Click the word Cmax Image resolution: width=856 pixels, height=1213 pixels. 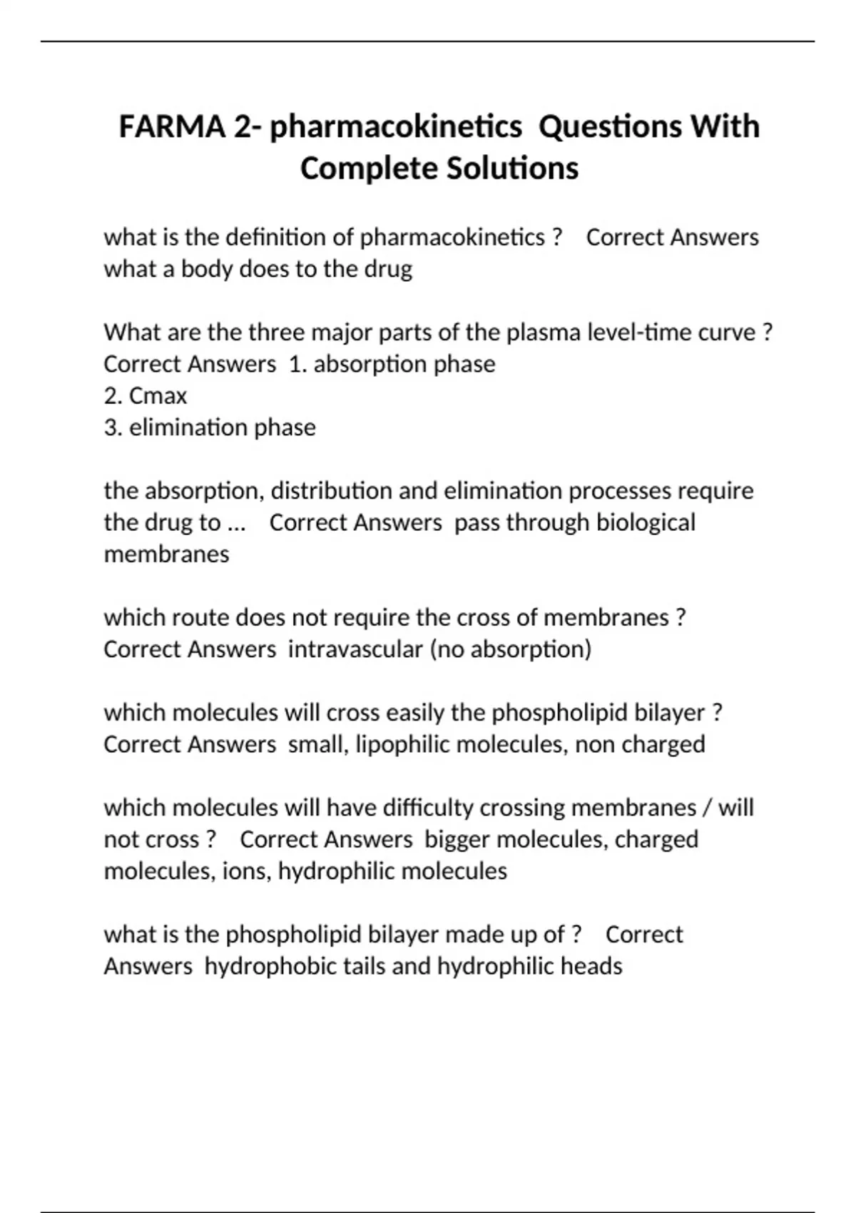[158, 396]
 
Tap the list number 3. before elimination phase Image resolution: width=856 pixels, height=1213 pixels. [113, 427]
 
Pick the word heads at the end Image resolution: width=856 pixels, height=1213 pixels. [591, 966]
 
